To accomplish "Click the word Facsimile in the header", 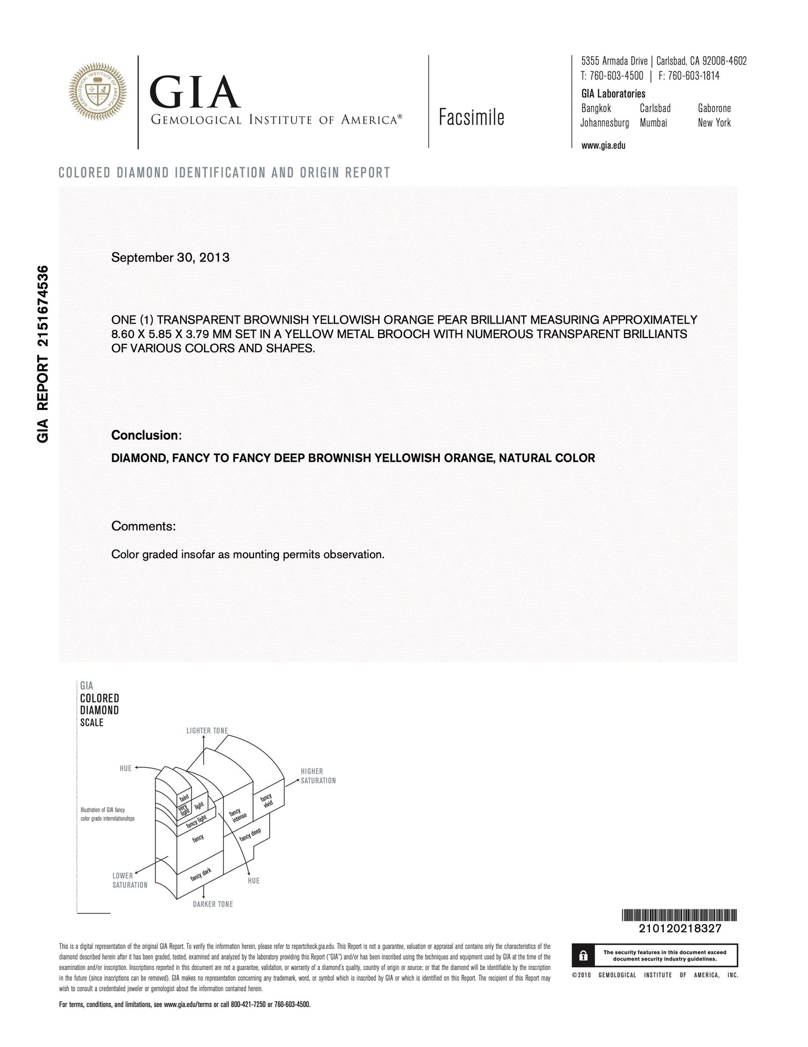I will tap(471, 117).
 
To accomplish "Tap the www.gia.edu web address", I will tap(603, 145).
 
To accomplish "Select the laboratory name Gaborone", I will tap(714, 108).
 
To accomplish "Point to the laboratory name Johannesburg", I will tap(604, 122).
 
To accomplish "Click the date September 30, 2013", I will tap(170, 258).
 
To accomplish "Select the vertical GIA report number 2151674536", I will tap(43, 354).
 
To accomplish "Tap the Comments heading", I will tap(143, 526).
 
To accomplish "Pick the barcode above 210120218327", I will tap(680, 915).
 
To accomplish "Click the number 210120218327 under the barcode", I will tap(680, 928).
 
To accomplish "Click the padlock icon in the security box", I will tap(583, 955).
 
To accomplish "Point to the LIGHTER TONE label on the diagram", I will tap(207, 731).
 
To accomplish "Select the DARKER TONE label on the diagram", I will tap(213, 904).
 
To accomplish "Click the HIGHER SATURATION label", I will tap(318, 776).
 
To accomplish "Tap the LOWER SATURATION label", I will tap(130, 880).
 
